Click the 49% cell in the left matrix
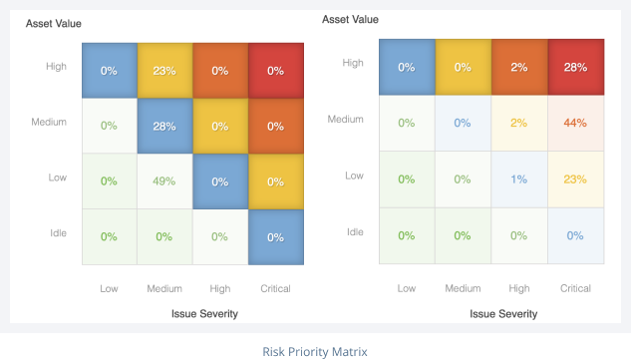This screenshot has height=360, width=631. tap(164, 180)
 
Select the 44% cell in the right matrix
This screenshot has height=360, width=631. tap(575, 123)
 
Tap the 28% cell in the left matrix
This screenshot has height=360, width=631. tap(164, 126)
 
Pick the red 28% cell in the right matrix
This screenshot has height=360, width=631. tap(575, 67)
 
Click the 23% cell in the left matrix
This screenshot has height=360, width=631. tap(164, 71)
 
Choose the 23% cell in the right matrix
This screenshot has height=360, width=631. tap(575, 179)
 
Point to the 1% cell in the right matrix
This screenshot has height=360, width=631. tap(519, 179)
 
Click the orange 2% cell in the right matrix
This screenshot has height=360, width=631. tap(519, 67)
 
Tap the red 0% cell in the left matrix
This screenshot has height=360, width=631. tap(275, 71)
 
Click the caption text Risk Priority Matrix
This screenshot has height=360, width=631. tap(315, 351)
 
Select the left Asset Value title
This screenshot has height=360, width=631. tap(53, 23)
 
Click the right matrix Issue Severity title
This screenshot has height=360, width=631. tap(502, 313)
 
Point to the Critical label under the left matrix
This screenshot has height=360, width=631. tap(275, 288)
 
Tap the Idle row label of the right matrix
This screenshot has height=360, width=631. tap(354, 231)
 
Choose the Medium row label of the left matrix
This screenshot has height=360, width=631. tap(50, 122)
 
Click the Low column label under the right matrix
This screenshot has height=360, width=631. tap(407, 288)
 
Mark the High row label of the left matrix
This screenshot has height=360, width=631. tap(56, 67)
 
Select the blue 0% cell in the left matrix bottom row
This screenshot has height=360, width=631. tap(275, 236)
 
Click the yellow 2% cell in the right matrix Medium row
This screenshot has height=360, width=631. tap(519, 123)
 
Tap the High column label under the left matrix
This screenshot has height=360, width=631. tap(220, 288)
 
